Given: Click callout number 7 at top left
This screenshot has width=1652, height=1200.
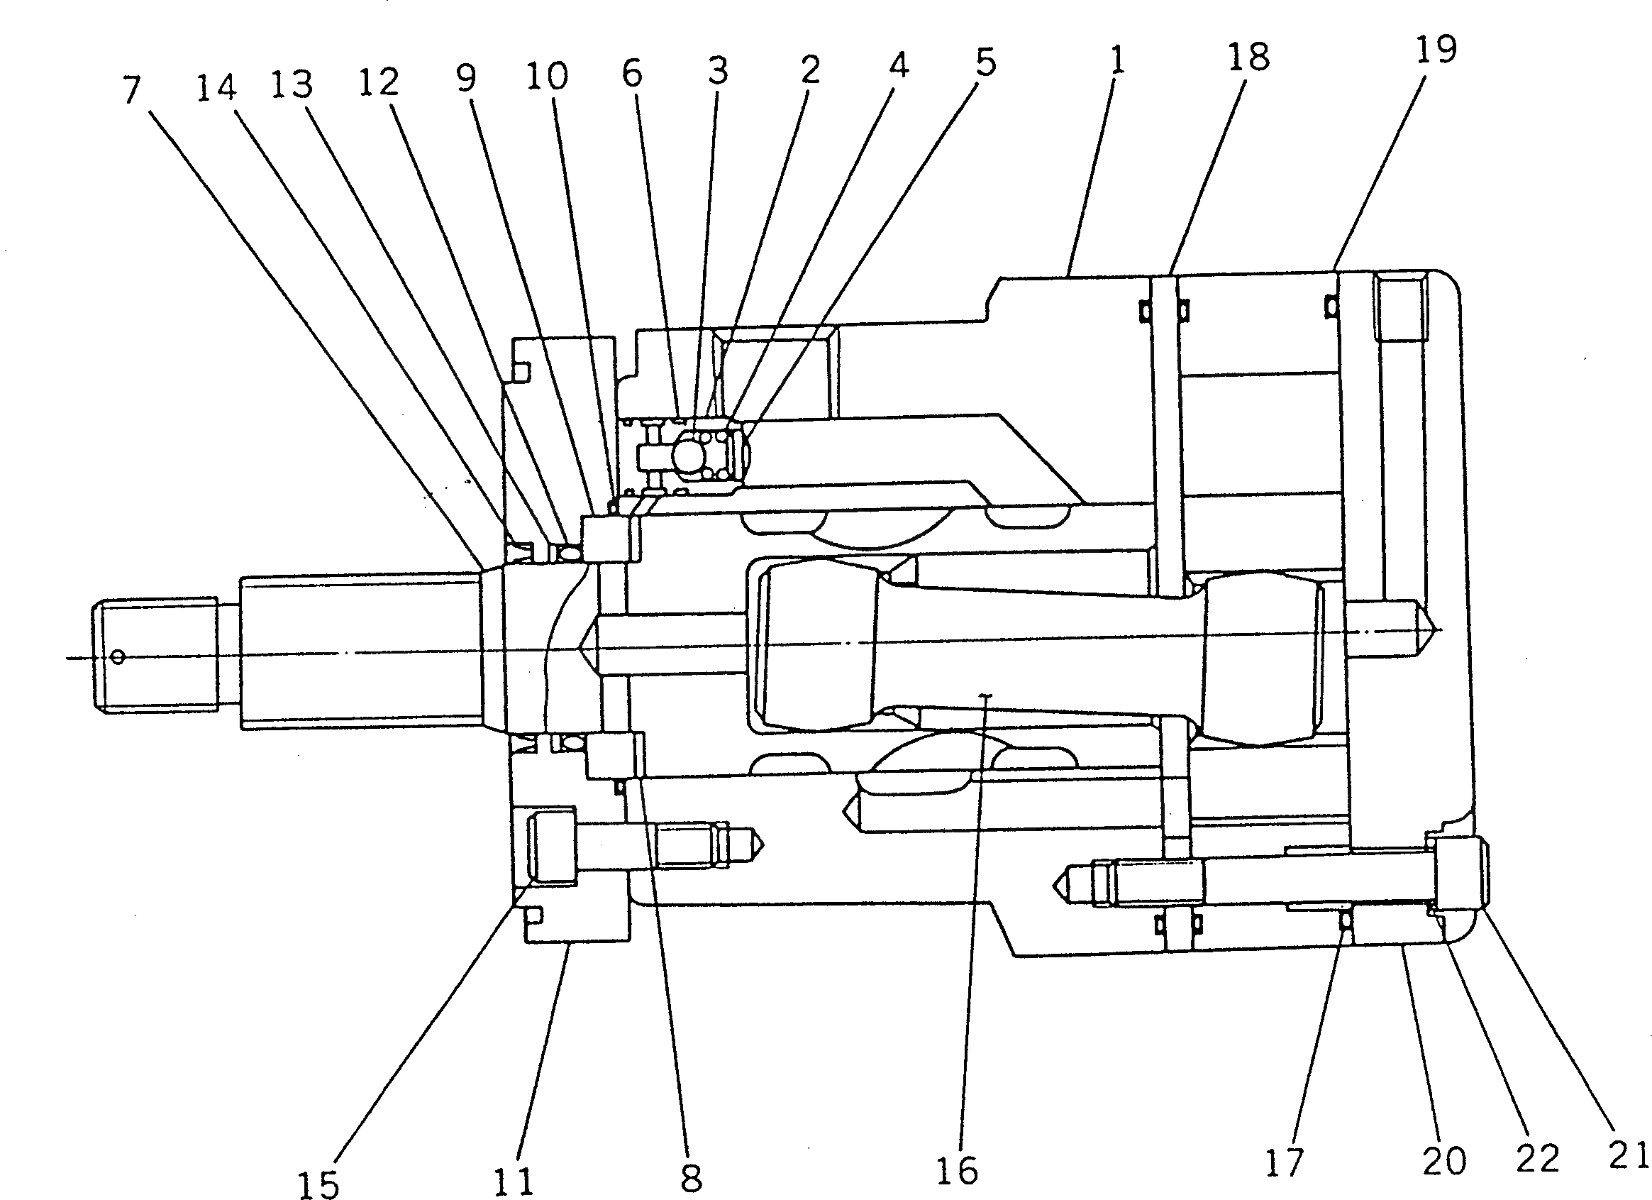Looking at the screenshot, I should tap(131, 90).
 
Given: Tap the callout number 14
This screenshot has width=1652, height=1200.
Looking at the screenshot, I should tap(216, 87).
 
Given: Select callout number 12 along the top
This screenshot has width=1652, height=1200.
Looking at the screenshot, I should tap(379, 82).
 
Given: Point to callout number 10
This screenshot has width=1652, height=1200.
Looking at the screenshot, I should tap(546, 75).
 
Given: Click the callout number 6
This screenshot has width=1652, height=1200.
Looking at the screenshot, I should tap(632, 73).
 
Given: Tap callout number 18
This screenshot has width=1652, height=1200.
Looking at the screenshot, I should tap(1248, 56).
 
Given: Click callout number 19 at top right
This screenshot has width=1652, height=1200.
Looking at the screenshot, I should tap(1436, 49).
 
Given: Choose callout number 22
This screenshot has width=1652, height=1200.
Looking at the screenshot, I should tap(1537, 1158).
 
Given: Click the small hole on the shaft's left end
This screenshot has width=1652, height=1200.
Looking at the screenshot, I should tap(118, 658).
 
